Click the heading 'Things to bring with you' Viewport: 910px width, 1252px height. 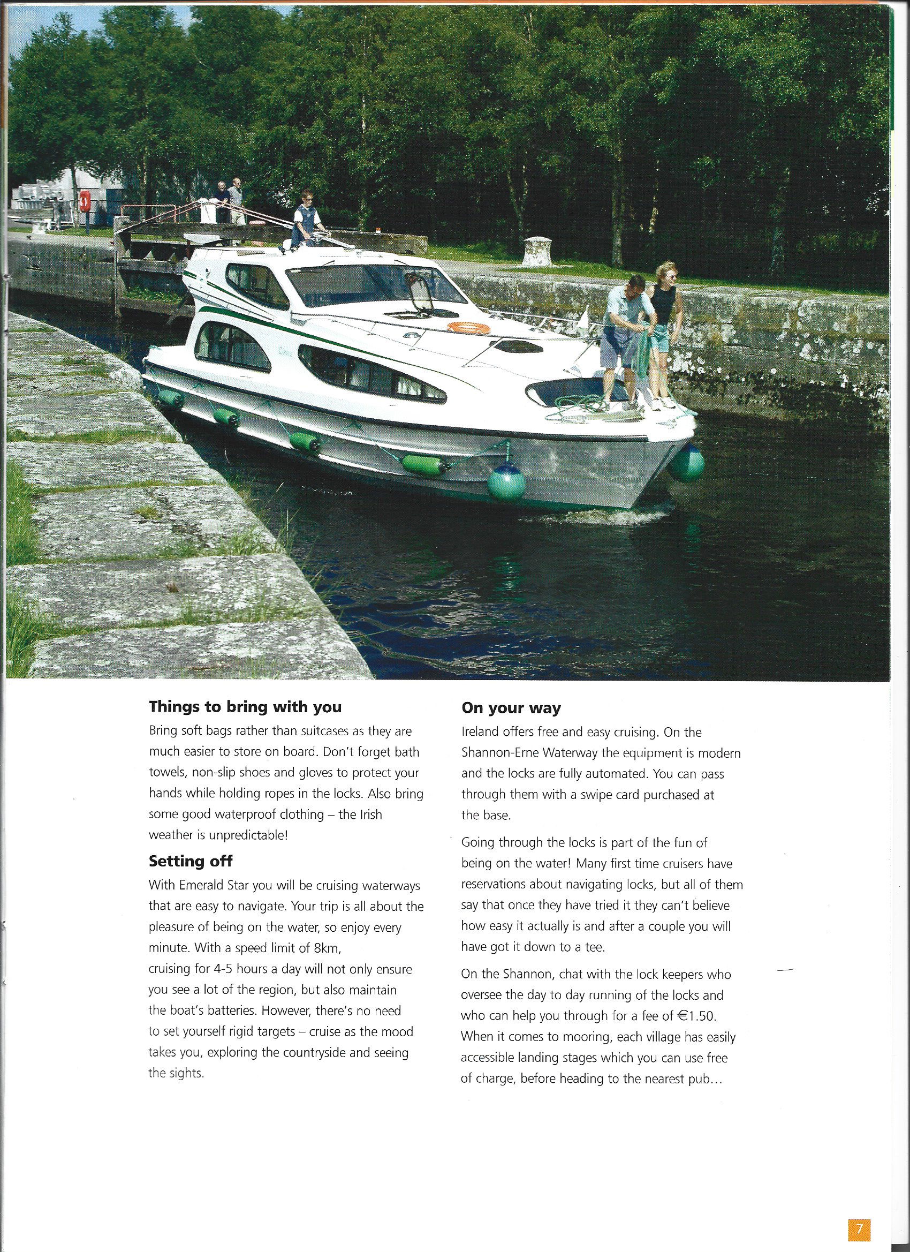tap(245, 707)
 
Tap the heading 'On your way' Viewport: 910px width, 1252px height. tap(511, 708)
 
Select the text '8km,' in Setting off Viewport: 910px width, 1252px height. tap(328, 948)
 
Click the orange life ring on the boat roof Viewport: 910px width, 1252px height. tap(468, 327)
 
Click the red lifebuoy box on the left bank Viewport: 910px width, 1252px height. tap(85, 202)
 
